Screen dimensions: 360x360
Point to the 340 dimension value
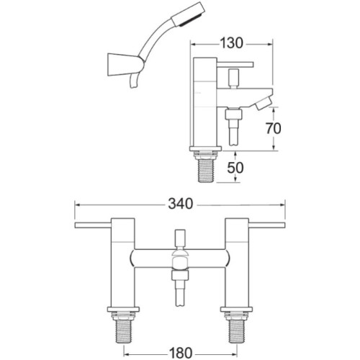[179, 204]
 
